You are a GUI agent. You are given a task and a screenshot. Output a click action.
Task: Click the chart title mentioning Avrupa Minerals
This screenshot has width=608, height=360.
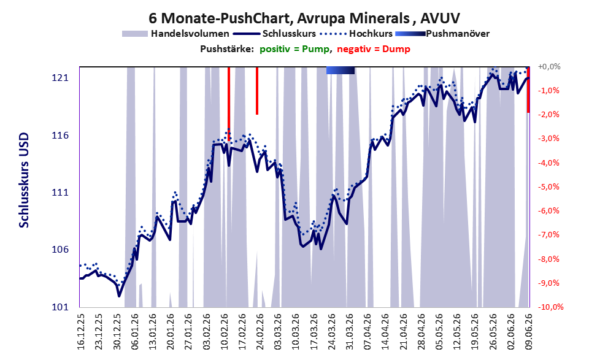tap(304, 18)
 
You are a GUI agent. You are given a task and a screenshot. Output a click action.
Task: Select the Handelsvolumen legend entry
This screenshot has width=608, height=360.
tap(175, 34)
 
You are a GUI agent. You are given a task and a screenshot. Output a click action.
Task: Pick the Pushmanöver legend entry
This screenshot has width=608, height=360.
tap(442, 34)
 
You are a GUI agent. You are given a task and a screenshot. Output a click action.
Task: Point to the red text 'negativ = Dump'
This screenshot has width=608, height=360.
tap(374, 49)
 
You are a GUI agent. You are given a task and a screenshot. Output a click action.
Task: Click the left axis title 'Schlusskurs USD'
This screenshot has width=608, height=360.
tap(24, 180)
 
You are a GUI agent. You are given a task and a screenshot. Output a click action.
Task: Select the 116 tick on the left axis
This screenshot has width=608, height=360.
tap(60, 136)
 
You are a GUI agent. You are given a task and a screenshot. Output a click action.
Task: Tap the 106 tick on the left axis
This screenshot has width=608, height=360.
tap(60, 250)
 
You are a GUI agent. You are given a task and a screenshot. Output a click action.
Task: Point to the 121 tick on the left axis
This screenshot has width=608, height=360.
tap(60, 78)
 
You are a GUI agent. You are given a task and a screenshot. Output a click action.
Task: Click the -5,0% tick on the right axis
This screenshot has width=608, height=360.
tap(548, 187)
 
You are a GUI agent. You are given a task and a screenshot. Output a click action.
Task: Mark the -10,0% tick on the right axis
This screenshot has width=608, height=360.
tap(550, 307)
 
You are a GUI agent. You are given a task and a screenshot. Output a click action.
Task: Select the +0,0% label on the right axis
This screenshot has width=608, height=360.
tap(549, 67)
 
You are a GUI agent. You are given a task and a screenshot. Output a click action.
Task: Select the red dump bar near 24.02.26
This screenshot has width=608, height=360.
tap(257, 91)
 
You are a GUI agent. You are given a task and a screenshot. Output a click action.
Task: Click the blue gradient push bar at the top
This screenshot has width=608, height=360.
tap(341, 70)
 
